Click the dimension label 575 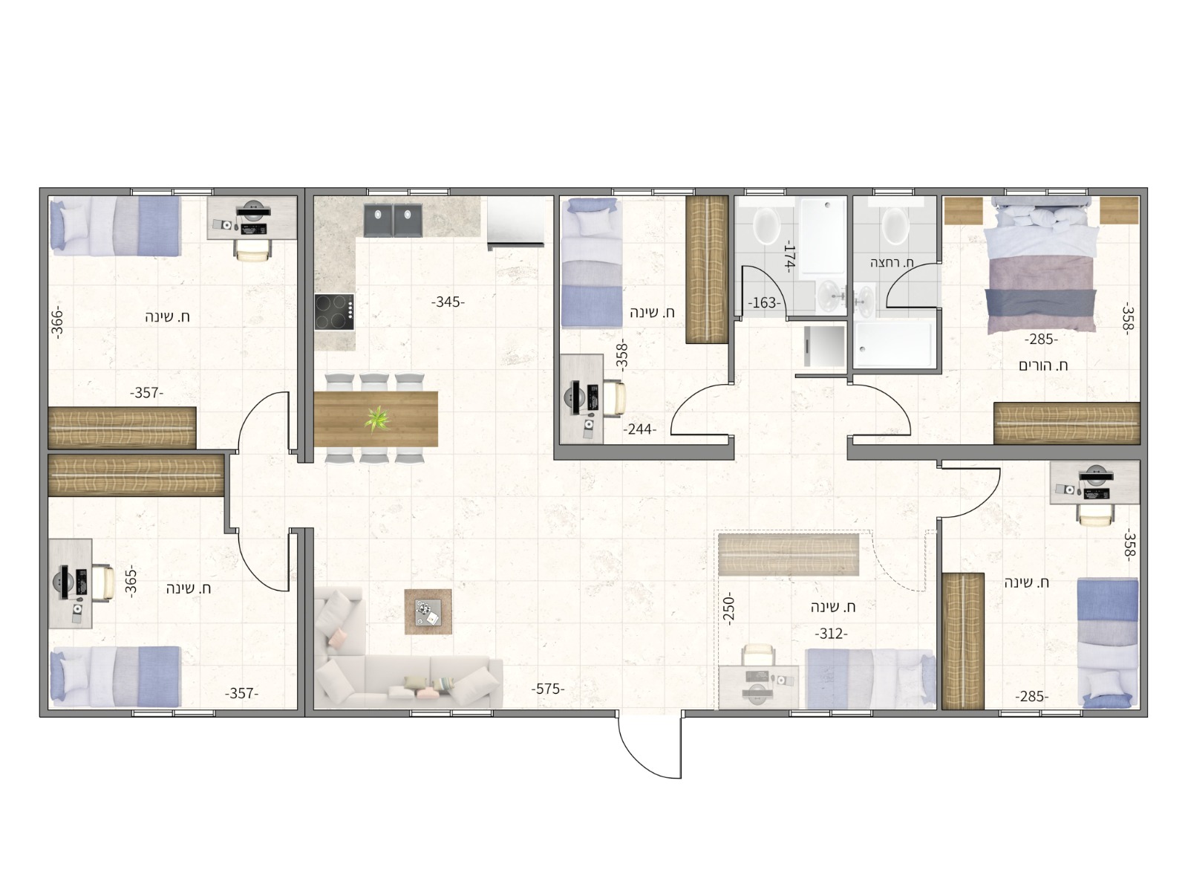pos(547,689)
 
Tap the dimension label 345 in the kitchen pos(448,302)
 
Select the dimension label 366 pos(56,322)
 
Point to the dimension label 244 pos(639,429)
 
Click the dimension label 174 pos(789,257)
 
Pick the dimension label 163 pos(764,303)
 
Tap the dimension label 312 pos(831,634)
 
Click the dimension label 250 pos(728,609)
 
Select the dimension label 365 pos(131,582)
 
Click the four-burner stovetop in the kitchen pos(335,311)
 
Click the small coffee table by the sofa pos(428,611)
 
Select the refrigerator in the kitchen pos(515,221)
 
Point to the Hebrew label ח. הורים pos(1043,365)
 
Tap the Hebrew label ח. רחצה pos(892,263)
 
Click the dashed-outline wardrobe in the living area pos(789,555)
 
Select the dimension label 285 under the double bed pos(1041,339)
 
